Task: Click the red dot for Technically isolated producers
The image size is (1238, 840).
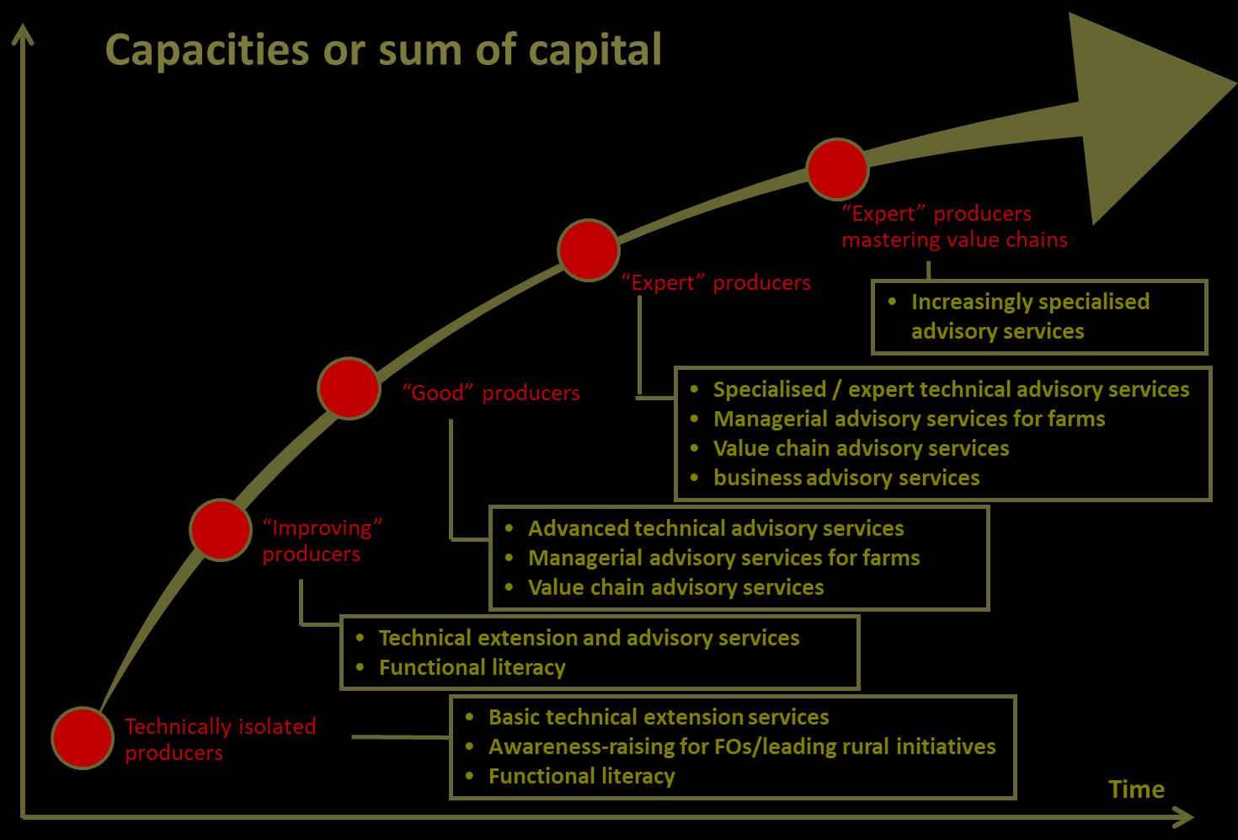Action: [82, 737]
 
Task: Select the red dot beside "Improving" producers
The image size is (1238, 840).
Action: [221, 529]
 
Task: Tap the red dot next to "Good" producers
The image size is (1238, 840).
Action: [349, 388]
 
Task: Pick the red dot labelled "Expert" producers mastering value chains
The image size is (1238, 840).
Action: [837, 169]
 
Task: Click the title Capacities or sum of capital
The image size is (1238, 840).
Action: [383, 50]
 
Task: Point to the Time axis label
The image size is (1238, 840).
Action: [1136, 789]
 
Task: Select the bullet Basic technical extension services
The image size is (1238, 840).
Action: [658, 717]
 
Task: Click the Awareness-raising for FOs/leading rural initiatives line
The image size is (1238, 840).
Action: [741, 746]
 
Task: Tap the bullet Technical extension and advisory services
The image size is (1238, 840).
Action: [589, 638]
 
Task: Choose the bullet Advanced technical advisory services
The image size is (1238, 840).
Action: [715, 528]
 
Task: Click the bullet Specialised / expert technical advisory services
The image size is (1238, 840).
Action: [951, 389]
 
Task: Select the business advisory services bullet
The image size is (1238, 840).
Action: [846, 478]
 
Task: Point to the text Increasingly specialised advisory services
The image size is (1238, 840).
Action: [1029, 316]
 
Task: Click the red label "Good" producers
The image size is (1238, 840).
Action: [491, 393]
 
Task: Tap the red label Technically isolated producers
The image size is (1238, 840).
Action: [220, 738]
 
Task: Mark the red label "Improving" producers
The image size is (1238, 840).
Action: [323, 540]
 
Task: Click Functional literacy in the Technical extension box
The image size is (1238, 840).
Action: [472, 667]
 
